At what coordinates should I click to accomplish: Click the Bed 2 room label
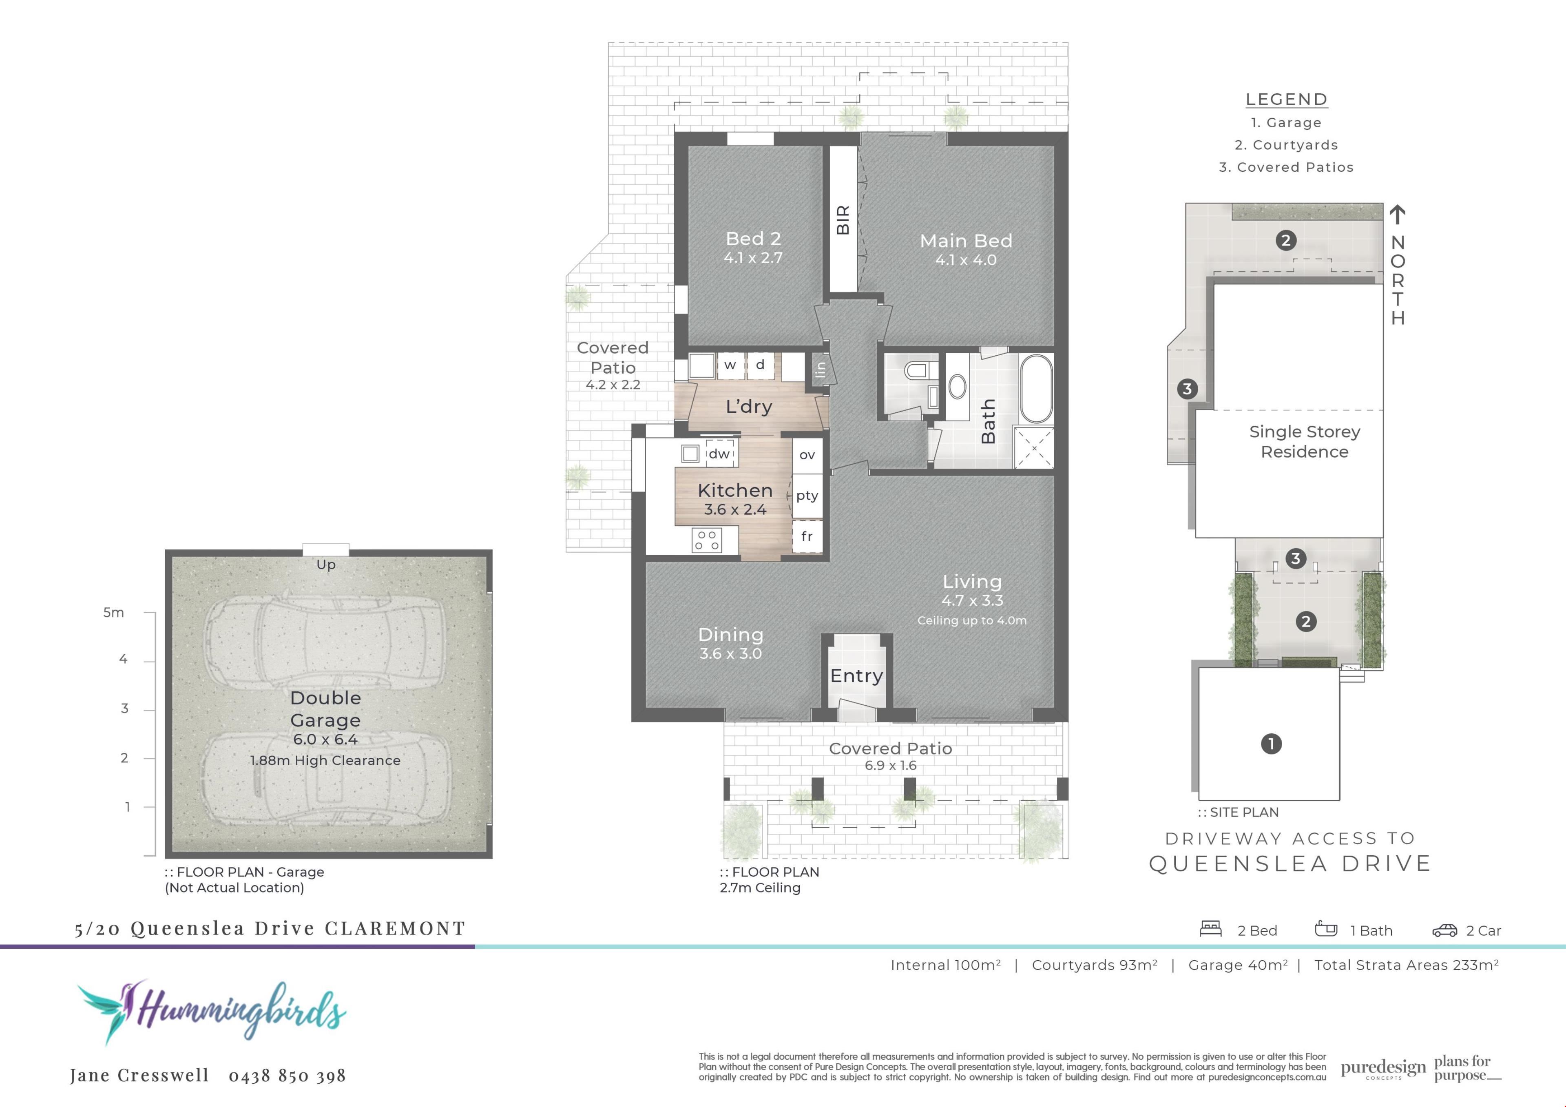(753, 239)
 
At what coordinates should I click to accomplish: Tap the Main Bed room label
(966, 241)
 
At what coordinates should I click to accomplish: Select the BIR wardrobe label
(843, 219)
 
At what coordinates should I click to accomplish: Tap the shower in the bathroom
(1034, 447)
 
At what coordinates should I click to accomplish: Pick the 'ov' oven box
(807, 455)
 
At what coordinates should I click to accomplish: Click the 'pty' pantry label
(807, 496)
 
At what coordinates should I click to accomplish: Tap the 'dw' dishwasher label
(719, 454)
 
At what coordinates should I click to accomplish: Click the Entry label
(857, 676)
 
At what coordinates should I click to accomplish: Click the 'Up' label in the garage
(326, 565)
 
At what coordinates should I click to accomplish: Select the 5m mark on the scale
(114, 613)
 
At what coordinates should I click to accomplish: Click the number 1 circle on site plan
(1271, 744)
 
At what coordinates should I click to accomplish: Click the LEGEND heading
(1286, 100)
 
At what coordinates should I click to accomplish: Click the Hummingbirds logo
(211, 1012)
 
